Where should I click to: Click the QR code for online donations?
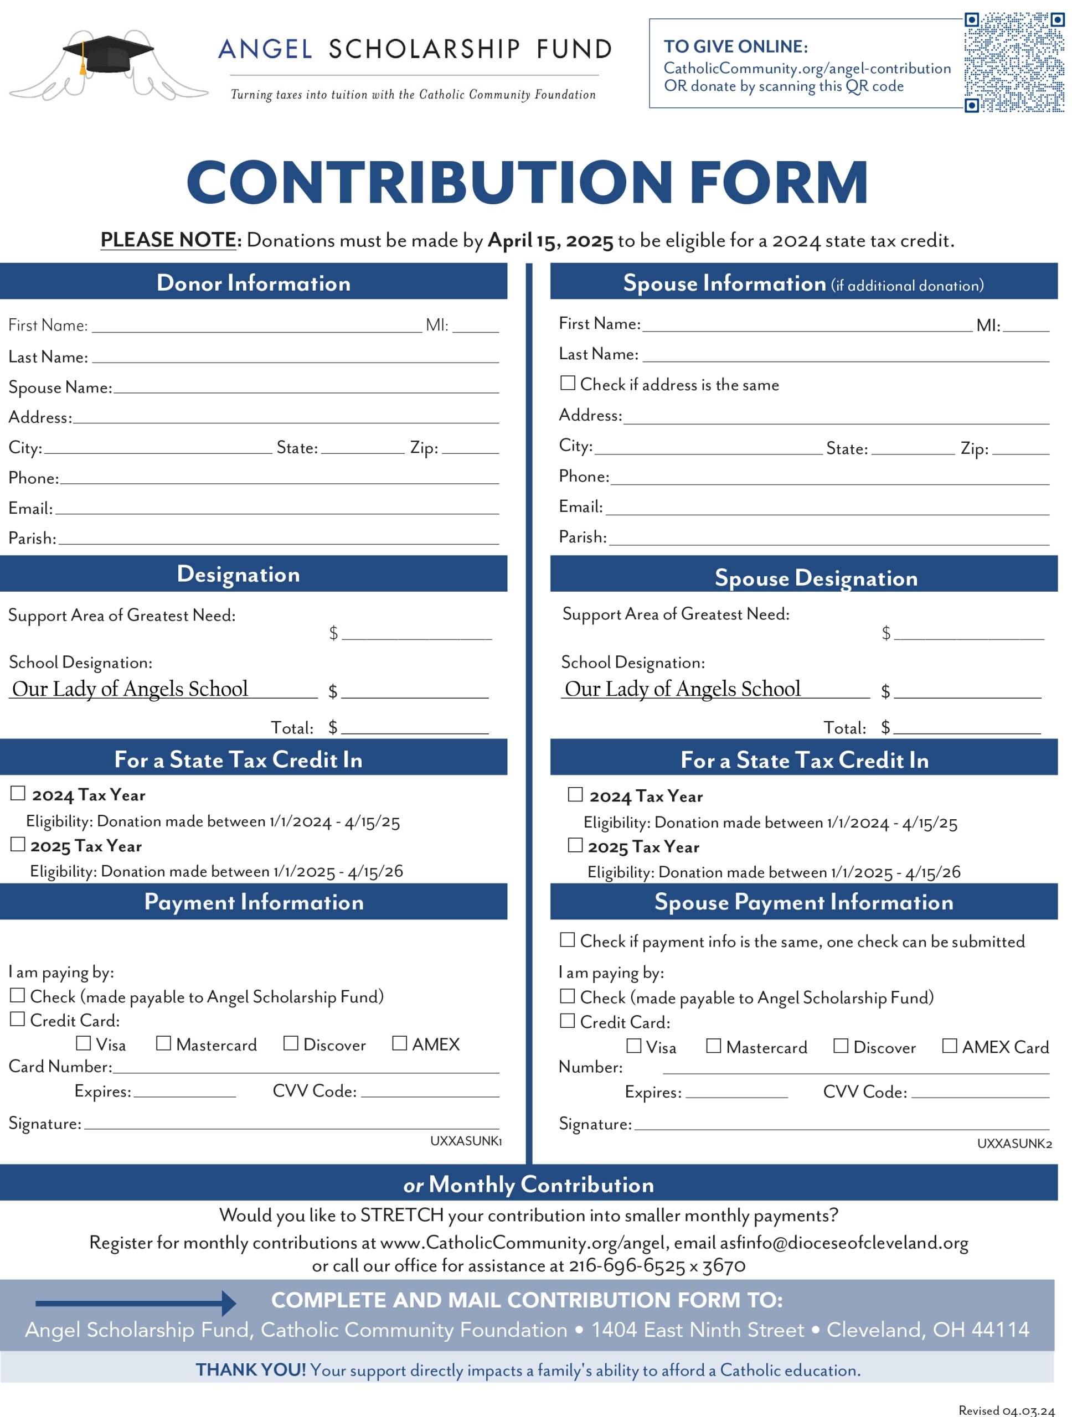point(1014,62)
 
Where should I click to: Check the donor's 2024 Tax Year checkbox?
point(18,794)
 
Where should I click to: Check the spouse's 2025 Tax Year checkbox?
point(575,845)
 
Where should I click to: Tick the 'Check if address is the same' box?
point(567,382)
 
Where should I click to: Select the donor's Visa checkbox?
point(83,1043)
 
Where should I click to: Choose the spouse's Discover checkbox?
point(840,1046)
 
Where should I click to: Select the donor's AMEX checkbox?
point(399,1043)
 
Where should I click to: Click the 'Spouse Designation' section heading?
point(816,578)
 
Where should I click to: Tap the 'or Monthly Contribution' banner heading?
point(529,1185)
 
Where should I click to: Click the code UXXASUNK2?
point(1014,1144)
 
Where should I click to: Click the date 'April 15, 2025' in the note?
point(550,241)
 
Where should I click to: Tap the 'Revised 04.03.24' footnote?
point(1006,1410)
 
